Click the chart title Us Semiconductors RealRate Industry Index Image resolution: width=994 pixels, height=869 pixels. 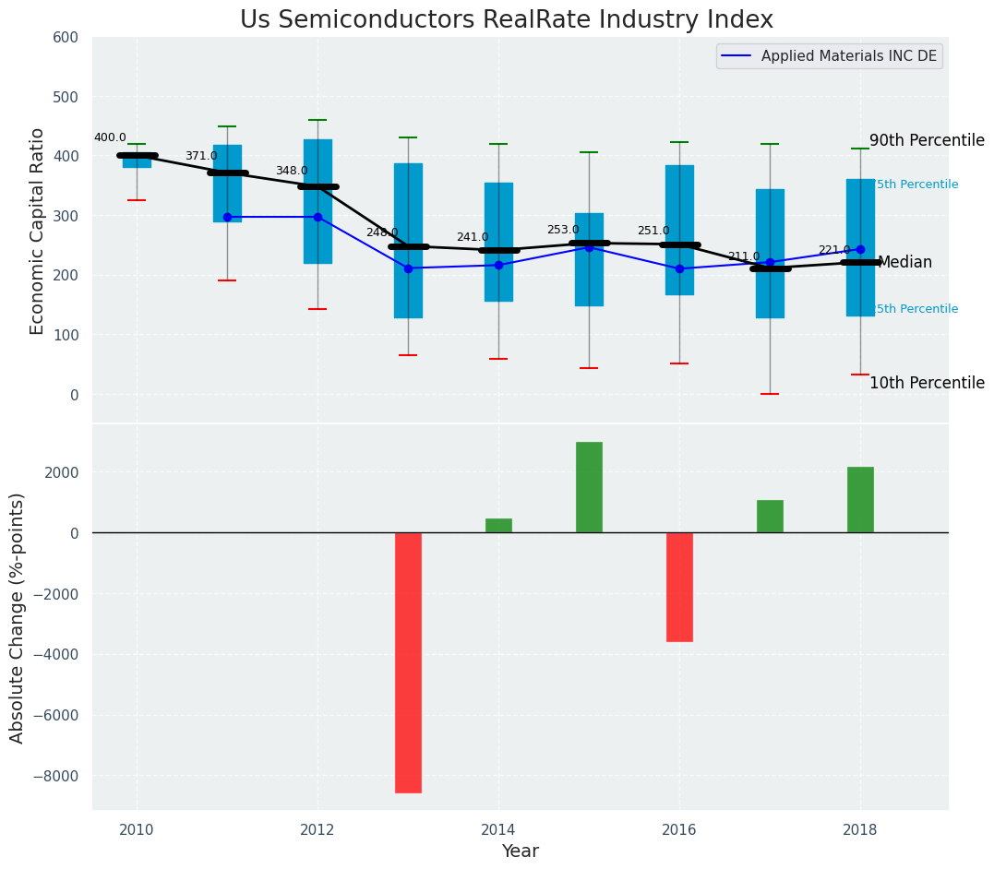506,20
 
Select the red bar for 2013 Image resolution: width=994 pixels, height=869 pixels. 408,662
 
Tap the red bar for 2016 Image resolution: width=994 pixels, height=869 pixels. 679,587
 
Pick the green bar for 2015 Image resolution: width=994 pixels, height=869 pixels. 589,487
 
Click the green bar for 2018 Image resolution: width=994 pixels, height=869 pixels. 860,500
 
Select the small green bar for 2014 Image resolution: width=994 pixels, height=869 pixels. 498,526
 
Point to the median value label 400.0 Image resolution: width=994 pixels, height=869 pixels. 110,138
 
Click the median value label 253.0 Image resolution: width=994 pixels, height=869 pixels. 563,231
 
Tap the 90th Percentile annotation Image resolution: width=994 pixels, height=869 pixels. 927,141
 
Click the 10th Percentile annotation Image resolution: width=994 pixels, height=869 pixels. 927,384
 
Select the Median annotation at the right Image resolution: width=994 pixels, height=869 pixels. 904,263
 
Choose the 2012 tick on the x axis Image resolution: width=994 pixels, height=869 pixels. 317,828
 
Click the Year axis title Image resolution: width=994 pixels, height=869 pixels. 520,851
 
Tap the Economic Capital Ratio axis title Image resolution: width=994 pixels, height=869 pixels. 38,231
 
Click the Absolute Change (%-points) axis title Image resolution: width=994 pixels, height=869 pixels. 18,617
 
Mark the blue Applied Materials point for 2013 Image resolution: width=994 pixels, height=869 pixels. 408,268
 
